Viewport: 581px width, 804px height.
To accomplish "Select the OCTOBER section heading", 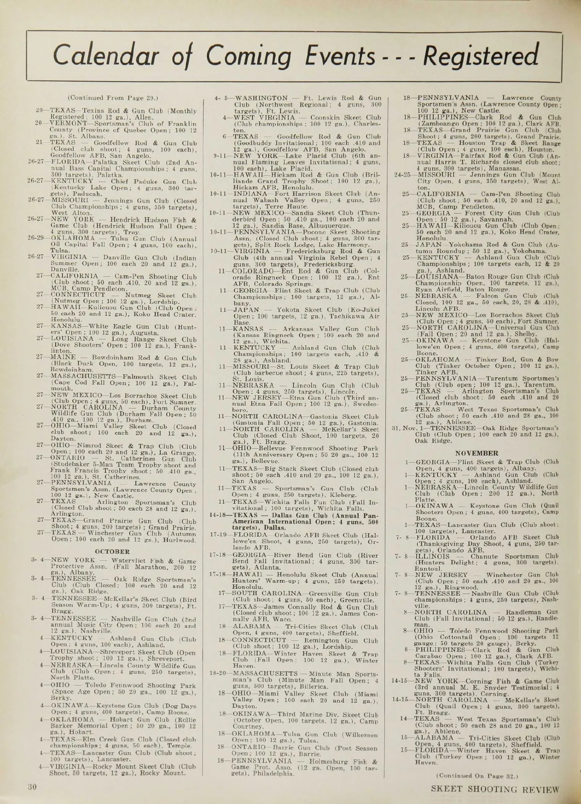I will click(112, 551).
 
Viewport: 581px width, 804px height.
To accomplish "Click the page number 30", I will click(32, 787).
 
